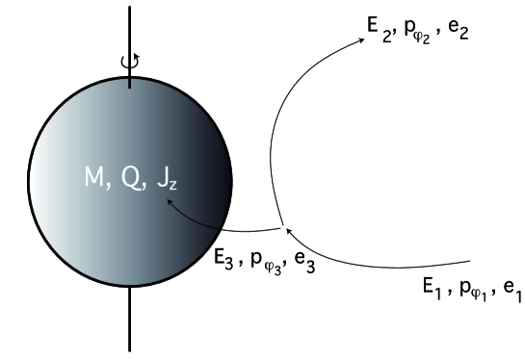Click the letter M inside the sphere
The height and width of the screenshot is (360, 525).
(x=94, y=179)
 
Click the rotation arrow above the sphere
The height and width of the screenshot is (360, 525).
(x=130, y=63)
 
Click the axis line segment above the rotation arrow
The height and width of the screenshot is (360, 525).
(x=130, y=24)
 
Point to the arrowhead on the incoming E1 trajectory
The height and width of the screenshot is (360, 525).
(x=289, y=231)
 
